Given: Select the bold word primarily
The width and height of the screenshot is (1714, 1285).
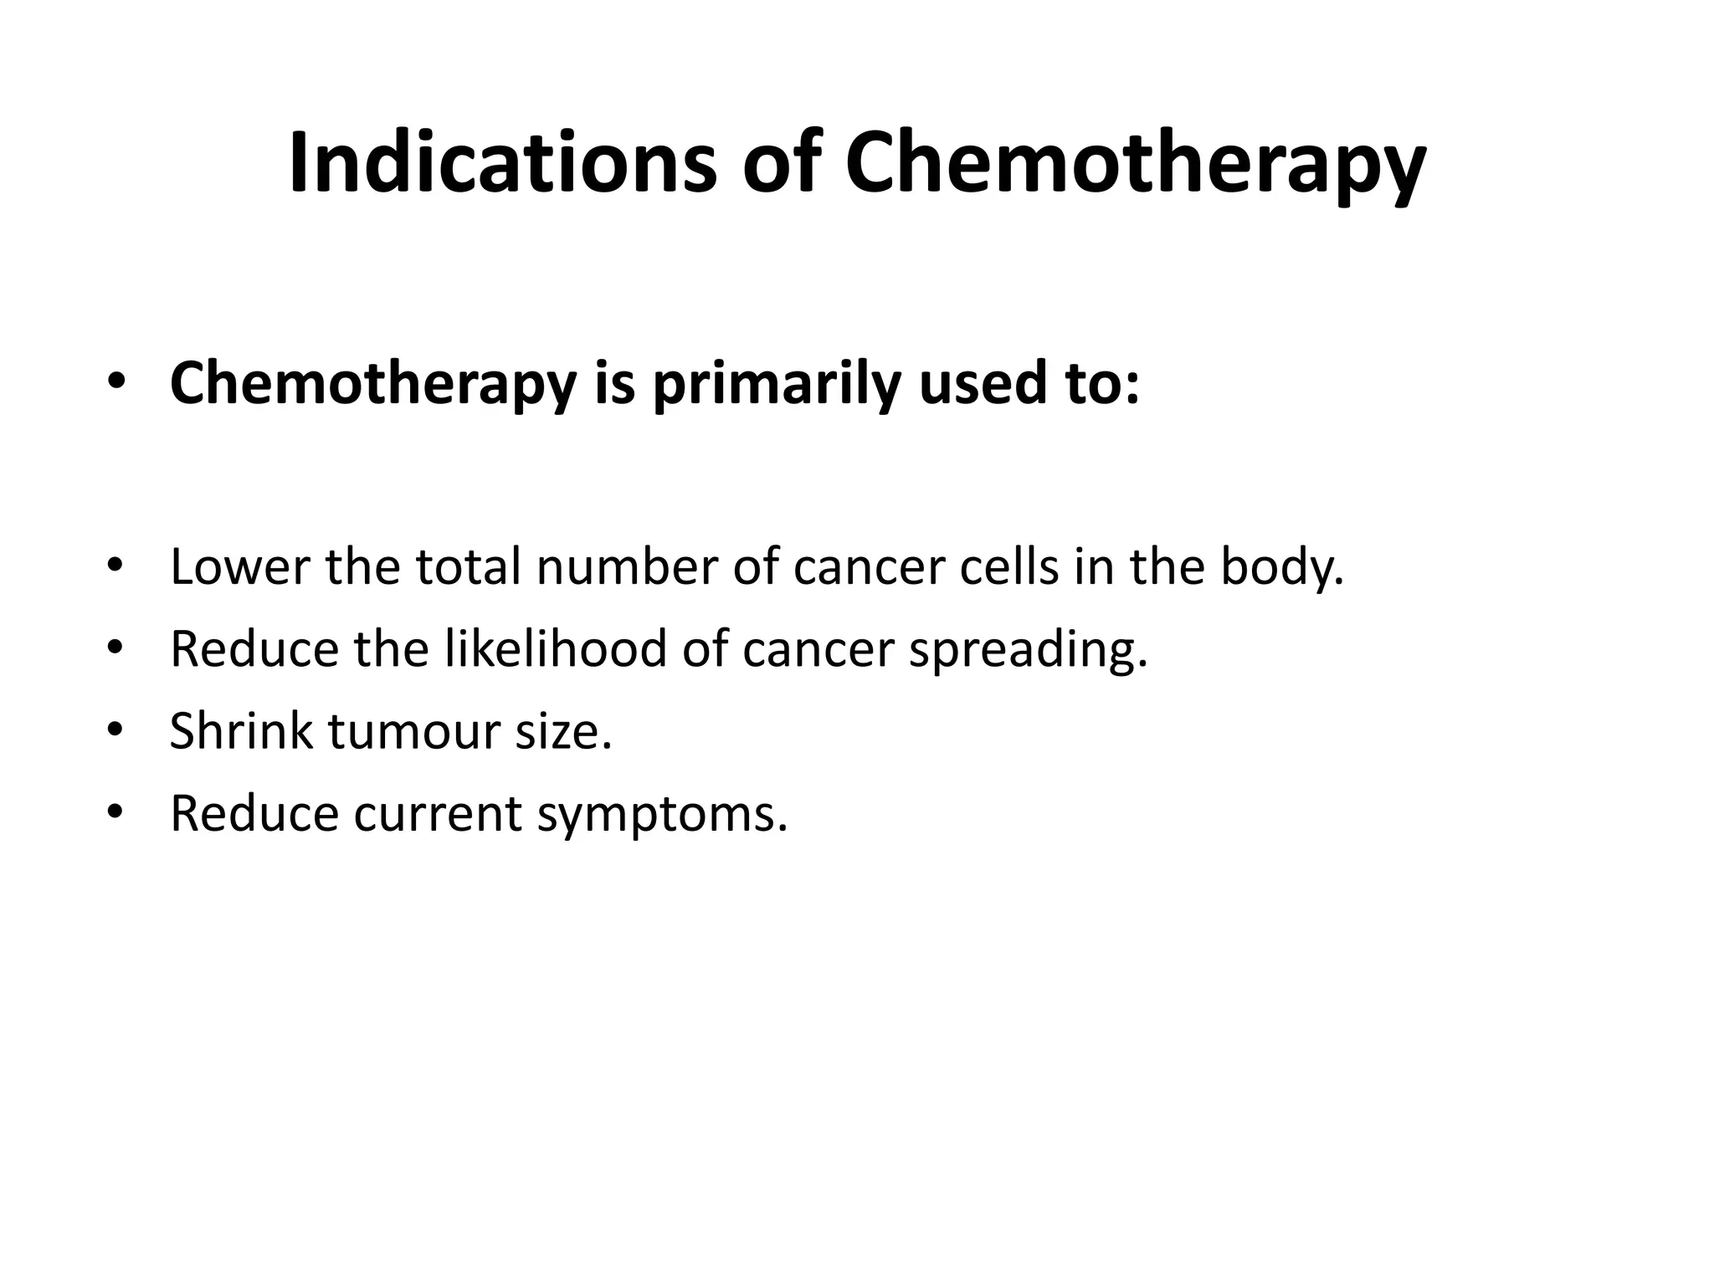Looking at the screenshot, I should pyautogui.click(x=776, y=384).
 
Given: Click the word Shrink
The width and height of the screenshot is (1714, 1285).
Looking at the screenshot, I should pyautogui.click(x=241, y=730).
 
